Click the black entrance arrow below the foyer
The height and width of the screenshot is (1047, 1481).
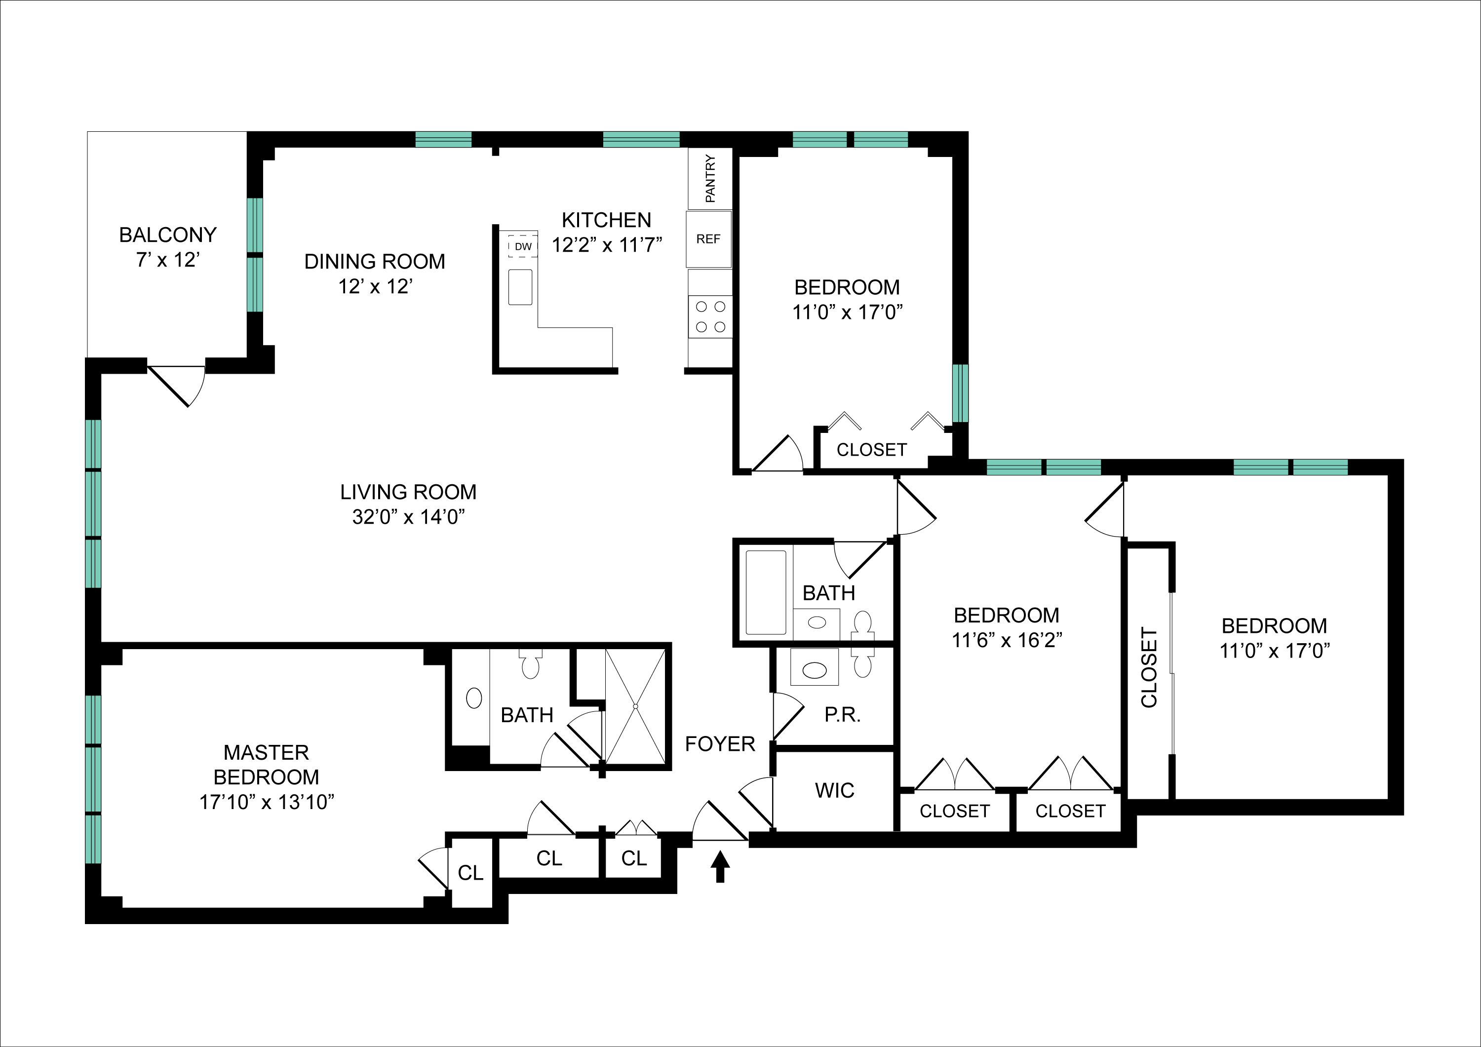pos(720,866)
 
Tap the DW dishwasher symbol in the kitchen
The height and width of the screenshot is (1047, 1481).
pos(522,246)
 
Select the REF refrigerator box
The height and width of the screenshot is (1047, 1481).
pos(708,239)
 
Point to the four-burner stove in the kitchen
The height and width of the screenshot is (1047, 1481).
pos(710,316)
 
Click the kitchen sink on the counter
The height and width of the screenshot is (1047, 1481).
pos(520,287)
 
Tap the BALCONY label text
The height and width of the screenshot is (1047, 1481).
pos(168,235)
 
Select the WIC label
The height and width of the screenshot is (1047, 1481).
pos(834,790)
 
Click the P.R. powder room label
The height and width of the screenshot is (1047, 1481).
pos(842,715)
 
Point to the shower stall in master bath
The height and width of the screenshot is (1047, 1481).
pos(635,707)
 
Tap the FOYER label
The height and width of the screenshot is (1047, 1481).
pos(720,744)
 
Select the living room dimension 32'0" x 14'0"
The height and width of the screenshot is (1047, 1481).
pos(408,517)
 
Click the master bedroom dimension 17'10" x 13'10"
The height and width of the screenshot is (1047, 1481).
pos(267,802)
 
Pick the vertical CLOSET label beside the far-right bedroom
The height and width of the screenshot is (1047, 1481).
pos(1149,668)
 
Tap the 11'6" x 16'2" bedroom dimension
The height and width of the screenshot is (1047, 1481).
pos(1006,640)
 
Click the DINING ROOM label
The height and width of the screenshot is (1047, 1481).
pos(375,261)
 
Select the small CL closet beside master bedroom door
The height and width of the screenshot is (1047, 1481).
pos(470,873)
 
